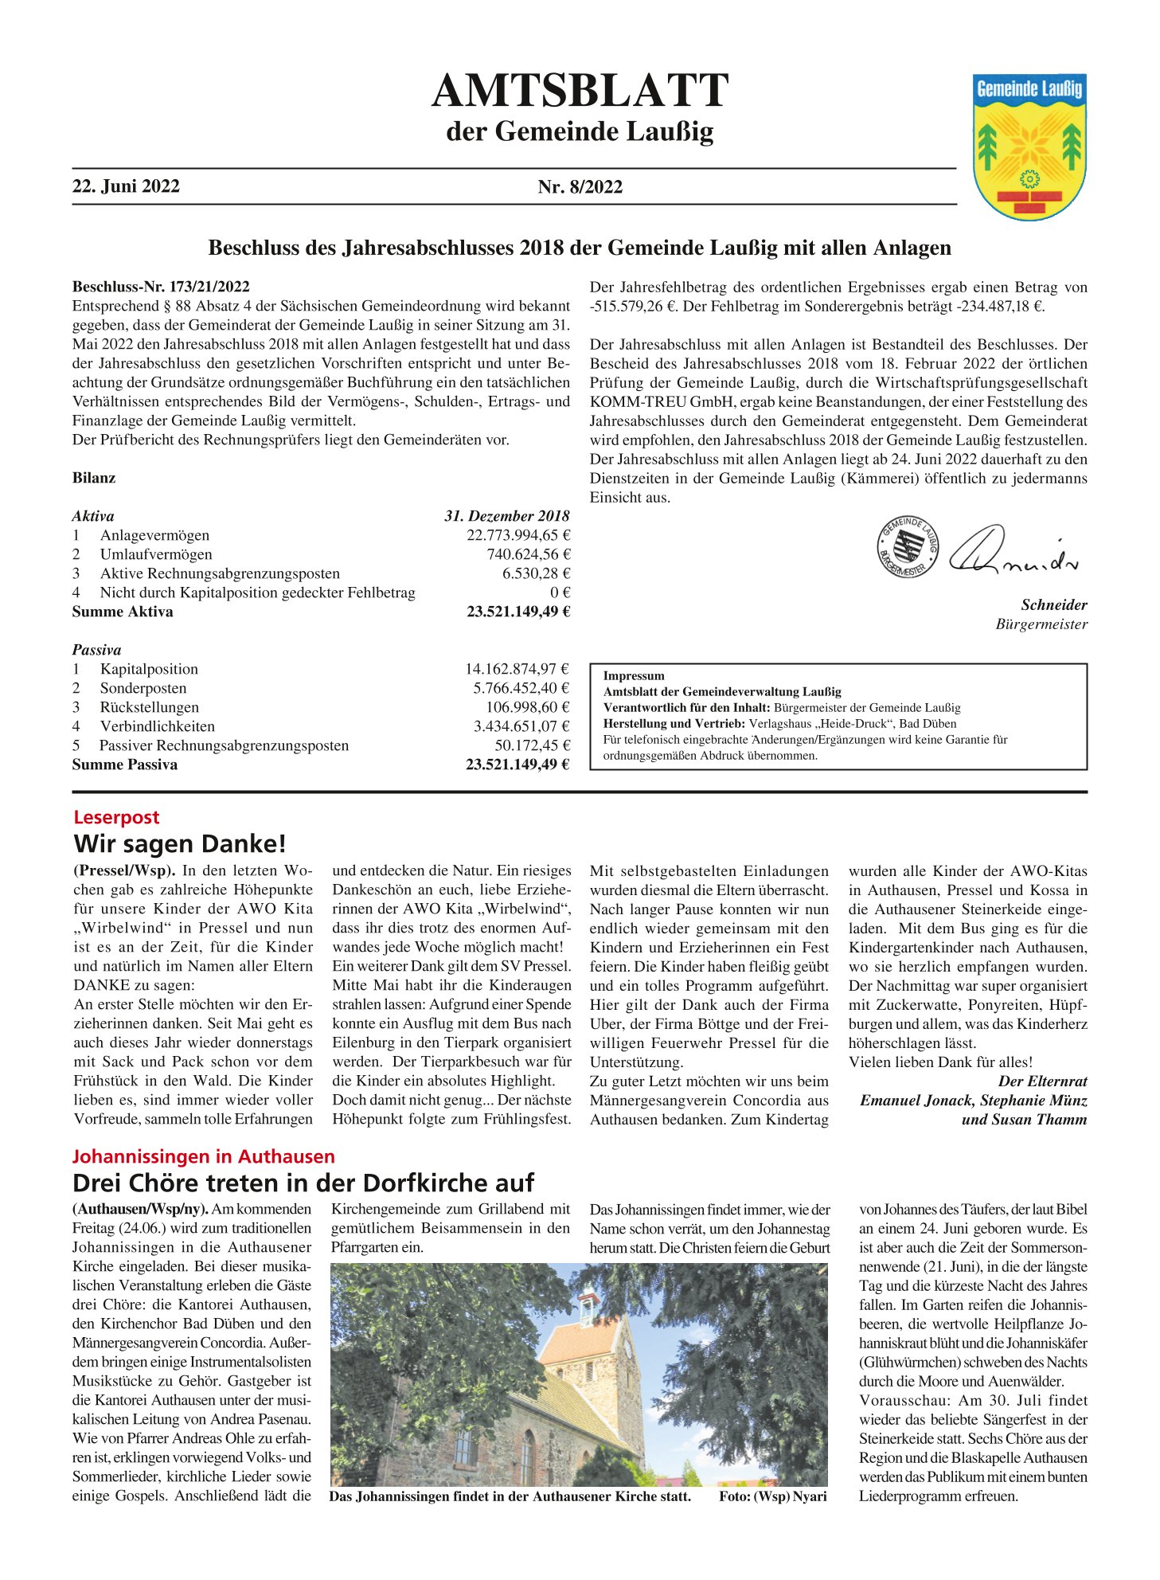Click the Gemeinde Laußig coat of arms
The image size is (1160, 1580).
pyautogui.click(x=1029, y=147)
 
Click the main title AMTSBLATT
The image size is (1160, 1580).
pyautogui.click(x=580, y=90)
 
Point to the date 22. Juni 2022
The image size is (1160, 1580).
pyautogui.click(x=126, y=186)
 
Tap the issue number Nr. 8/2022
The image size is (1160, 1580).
pyautogui.click(x=580, y=187)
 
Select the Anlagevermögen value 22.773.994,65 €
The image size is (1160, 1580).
pyautogui.click(x=518, y=535)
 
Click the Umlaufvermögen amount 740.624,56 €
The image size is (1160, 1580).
pyautogui.click(x=528, y=554)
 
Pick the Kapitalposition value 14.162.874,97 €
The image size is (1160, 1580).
pyautogui.click(x=517, y=669)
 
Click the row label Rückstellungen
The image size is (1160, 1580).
pyautogui.click(x=149, y=707)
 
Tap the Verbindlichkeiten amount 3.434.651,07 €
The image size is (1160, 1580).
pyautogui.click(x=521, y=726)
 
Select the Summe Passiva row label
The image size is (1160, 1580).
pyautogui.click(x=125, y=765)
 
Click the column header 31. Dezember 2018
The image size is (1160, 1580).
pyautogui.click(x=506, y=516)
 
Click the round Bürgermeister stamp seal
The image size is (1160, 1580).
pyautogui.click(x=907, y=548)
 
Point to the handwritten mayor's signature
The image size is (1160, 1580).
pyautogui.click(x=1013, y=552)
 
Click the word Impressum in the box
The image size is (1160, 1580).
pyautogui.click(x=634, y=676)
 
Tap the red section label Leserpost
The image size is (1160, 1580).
pyautogui.click(x=116, y=817)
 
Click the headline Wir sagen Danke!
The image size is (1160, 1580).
pyautogui.click(x=179, y=843)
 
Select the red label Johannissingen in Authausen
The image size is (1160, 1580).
pyautogui.click(x=204, y=1156)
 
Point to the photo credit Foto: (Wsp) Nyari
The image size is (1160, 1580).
pyautogui.click(x=772, y=1496)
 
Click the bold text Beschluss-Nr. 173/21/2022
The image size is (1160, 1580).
pyautogui.click(x=161, y=287)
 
